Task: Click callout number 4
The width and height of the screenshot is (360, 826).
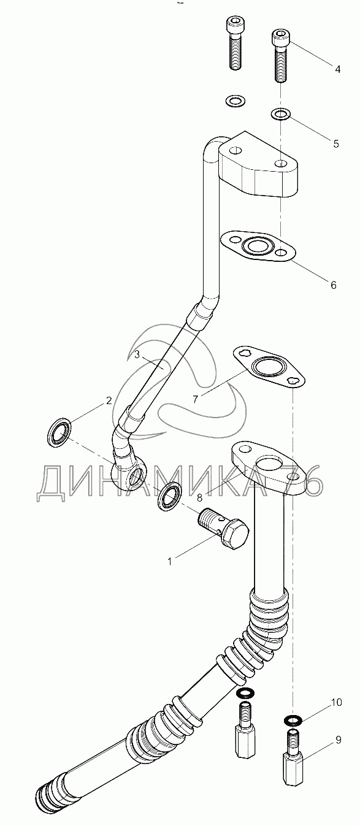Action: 337,69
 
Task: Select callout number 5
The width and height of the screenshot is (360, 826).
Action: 335,143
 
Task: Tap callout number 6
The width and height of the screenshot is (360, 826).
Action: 334,285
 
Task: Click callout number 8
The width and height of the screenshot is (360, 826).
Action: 199,498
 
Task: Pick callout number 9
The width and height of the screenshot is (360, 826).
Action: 339,740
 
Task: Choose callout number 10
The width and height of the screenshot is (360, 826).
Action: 336,703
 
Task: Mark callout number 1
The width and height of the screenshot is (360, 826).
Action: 170,562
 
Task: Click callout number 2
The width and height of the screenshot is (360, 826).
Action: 109,400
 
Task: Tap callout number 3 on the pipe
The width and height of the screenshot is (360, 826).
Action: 137,354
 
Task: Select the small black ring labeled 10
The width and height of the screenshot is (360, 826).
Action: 293,719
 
